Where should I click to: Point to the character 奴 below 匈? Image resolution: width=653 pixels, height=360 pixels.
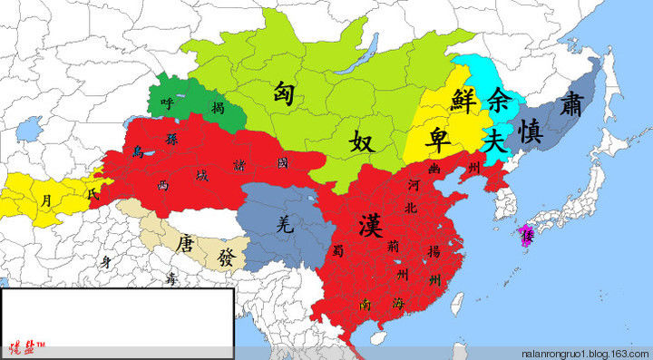[362, 141]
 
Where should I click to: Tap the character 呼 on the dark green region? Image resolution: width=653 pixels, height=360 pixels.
[166, 104]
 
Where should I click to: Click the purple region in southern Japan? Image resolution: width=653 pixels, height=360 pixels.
[525, 236]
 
